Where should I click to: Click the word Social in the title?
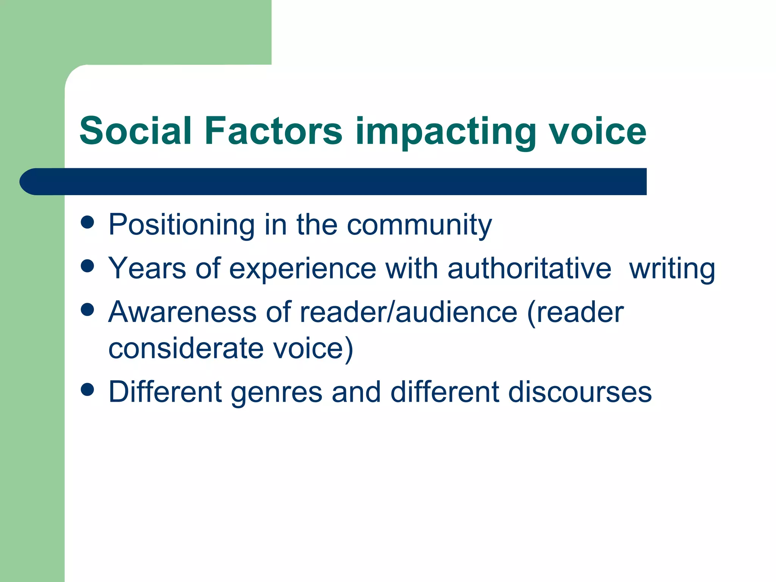pos(135,131)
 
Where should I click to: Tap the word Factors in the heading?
pos(273,131)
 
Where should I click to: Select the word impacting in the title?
pos(446,133)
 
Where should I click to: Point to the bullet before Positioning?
pos(88,222)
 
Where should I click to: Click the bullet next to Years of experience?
pos(88,266)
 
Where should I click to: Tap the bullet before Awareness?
pos(88,310)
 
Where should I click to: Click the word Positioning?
pos(181,225)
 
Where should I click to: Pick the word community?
pos(419,225)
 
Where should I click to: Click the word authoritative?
pos(529,268)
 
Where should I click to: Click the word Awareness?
pos(182,312)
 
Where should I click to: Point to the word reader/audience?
pos(408,312)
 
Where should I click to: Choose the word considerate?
pos(186,348)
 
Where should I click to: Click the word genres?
pos(277,393)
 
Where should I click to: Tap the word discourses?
pos(580,392)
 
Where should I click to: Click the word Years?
pos(147,268)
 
